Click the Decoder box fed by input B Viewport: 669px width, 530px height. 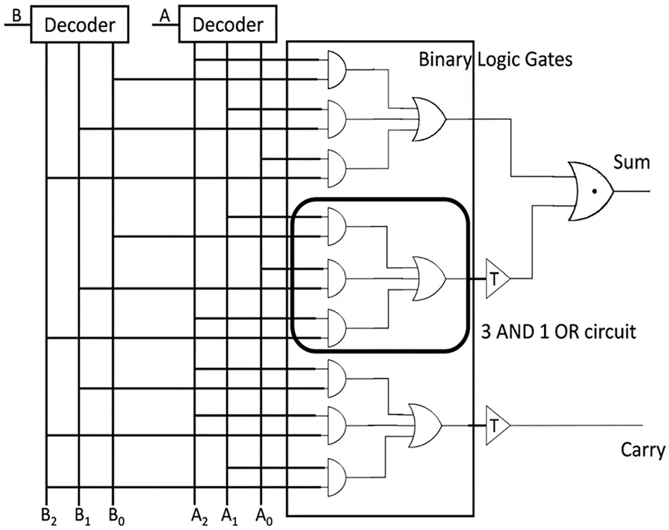[80, 26]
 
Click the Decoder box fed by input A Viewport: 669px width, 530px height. [228, 25]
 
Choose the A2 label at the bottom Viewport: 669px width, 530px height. [196, 518]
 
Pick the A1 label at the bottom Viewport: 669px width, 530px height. [230, 518]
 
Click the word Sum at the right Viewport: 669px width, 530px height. [631, 162]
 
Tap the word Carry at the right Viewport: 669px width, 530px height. [643, 450]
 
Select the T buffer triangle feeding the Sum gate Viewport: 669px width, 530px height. [496, 278]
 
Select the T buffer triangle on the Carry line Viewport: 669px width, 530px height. [496, 425]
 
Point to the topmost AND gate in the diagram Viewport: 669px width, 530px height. [336, 69]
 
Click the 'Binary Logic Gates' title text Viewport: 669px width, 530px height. [495, 59]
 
